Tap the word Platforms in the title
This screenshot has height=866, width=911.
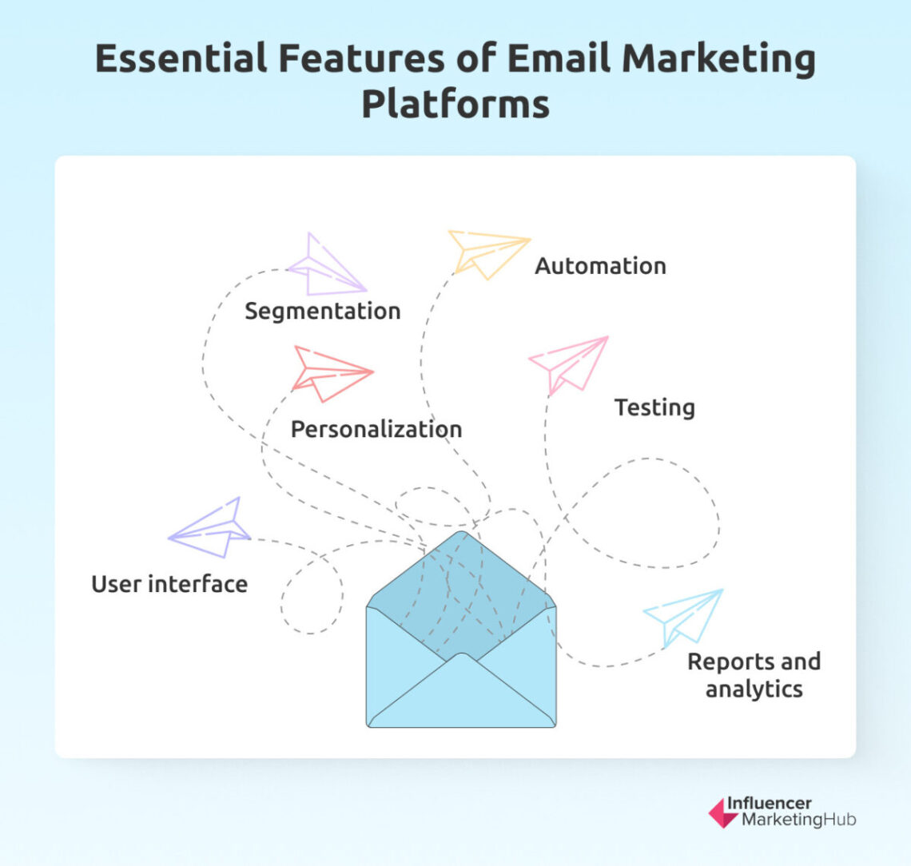click(455, 104)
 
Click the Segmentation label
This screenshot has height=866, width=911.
click(322, 311)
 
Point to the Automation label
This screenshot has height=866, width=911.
click(600, 265)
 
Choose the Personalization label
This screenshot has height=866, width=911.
click(376, 429)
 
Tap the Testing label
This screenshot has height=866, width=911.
click(654, 407)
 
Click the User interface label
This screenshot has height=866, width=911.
click(169, 584)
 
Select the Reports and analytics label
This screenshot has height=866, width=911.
click(754, 675)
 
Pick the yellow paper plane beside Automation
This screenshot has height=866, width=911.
click(487, 252)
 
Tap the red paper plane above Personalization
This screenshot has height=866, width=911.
click(330, 372)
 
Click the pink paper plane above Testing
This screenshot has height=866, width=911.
click(568, 363)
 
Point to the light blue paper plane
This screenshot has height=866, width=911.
click(683, 616)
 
